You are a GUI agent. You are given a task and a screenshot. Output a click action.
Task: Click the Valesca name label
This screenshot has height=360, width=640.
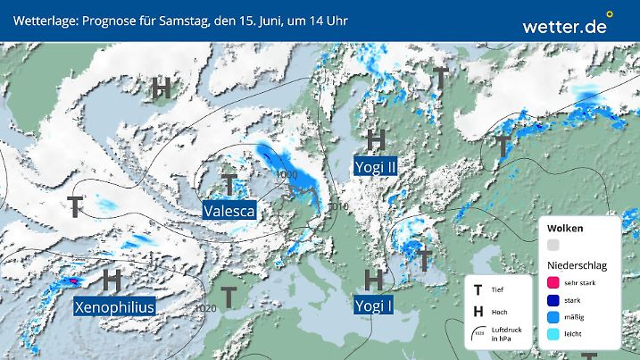pyautogui.click(x=229, y=211)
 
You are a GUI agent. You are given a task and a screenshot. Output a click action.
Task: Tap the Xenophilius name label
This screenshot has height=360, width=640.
pyautogui.click(x=114, y=306)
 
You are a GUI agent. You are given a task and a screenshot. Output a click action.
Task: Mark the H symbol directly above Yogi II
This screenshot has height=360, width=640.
pyautogui.click(x=376, y=139)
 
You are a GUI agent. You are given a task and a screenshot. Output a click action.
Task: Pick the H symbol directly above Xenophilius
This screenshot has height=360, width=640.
pyautogui.click(x=112, y=280)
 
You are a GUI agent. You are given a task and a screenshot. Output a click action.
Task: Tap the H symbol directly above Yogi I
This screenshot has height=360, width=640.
pyautogui.click(x=374, y=279)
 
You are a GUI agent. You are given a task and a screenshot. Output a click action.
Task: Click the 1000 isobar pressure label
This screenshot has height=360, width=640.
pyautogui.click(x=287, y=173)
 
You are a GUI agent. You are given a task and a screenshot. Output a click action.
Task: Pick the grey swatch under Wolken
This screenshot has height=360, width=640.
pyautogui.click(x=553, y=245)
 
